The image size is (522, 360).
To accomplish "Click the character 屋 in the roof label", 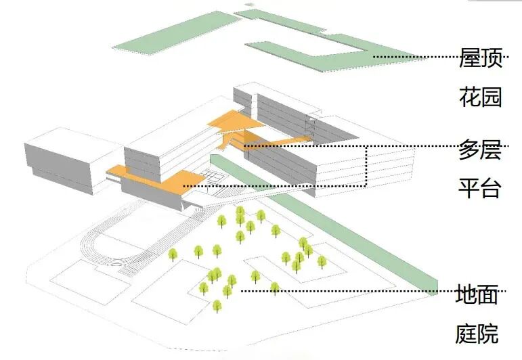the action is [x=469, y=59].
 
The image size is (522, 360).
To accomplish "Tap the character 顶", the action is [x=491, y=59].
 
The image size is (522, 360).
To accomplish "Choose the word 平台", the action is [x=480, y=187].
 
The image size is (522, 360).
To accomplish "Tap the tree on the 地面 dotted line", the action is [x=275, y=288].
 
